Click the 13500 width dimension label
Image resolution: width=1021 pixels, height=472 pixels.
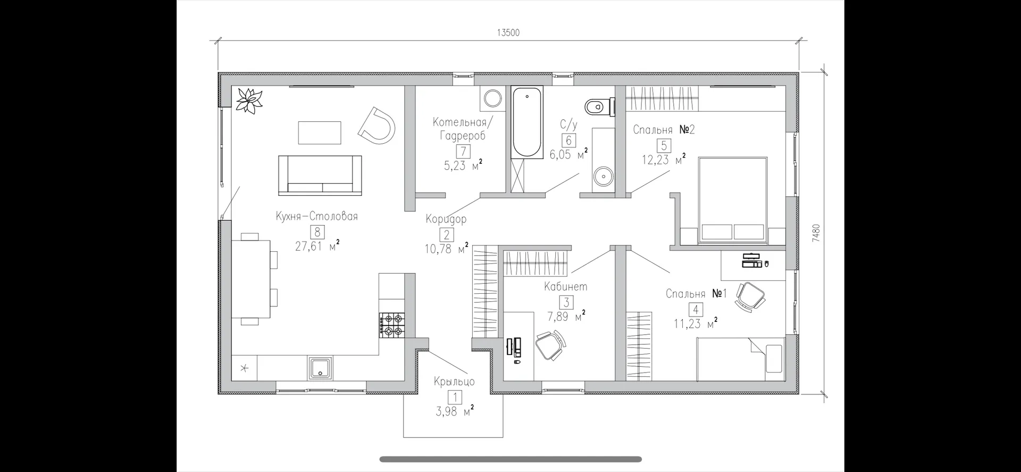click(x=508, y=33)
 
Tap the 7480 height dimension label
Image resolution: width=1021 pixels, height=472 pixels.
click(x=816, y=233)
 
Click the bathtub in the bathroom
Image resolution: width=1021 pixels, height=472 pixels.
click(x=527, y=122)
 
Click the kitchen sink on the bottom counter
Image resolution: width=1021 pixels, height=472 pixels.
click(x=320, y=368)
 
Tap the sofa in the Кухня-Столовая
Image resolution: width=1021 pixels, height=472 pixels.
click(x=320, y=175)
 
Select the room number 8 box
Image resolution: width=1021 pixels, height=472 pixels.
click(x=317, y=232)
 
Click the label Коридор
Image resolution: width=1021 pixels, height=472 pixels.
click(x=446, y=219)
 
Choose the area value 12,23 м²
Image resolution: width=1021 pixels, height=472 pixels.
click(x=663, y=159)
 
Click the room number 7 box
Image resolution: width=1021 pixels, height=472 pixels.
click(x=463, y=152)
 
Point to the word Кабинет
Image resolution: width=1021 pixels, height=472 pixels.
click(x=566, y=286)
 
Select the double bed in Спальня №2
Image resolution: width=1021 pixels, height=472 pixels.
click(x=732, y=201)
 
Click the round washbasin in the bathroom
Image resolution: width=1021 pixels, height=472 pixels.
click(x=603, y=174)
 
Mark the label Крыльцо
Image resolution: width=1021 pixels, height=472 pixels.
click(x=454, y=382)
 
